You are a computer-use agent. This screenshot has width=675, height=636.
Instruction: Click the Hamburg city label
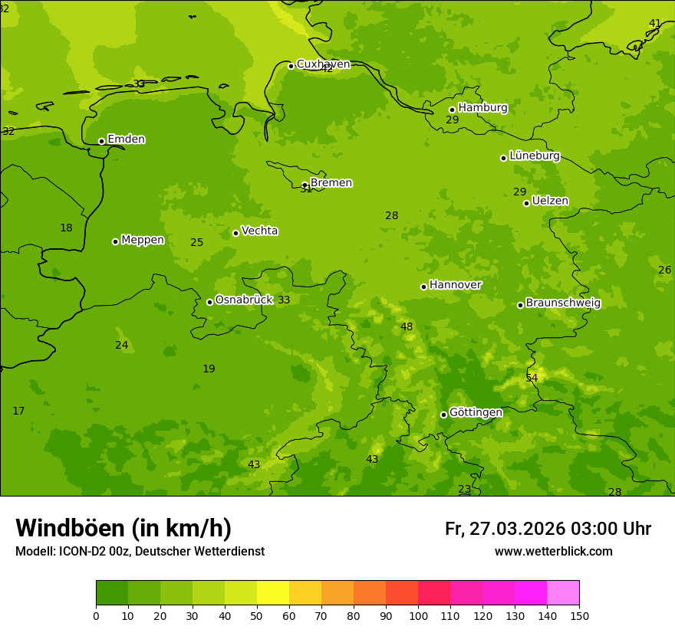482,108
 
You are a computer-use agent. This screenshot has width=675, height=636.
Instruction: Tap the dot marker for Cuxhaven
291,66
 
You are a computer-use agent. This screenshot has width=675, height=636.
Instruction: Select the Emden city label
126,139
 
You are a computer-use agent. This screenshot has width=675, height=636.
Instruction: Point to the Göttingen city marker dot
443,415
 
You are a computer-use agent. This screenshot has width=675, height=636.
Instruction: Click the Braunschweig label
563,303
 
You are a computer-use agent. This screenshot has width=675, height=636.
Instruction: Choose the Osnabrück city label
244,300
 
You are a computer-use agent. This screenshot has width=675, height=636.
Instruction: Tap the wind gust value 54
532,379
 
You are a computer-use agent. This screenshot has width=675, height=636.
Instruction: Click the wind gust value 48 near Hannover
407,327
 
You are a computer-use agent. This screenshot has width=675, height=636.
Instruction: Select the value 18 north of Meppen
67,228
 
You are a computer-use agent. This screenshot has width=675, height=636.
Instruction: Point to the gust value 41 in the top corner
655,24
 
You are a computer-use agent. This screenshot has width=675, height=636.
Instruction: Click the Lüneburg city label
535,156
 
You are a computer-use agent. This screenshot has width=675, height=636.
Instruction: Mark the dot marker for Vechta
235,233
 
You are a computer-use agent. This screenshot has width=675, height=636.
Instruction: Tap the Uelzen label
550,201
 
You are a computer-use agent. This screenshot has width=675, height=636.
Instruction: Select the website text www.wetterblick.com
553,552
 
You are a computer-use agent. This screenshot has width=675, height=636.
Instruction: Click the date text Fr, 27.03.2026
505,529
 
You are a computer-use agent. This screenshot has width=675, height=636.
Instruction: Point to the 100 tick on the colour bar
418,615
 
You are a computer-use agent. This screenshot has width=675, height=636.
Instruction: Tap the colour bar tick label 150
579,615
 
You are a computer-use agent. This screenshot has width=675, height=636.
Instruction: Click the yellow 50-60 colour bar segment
273,593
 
